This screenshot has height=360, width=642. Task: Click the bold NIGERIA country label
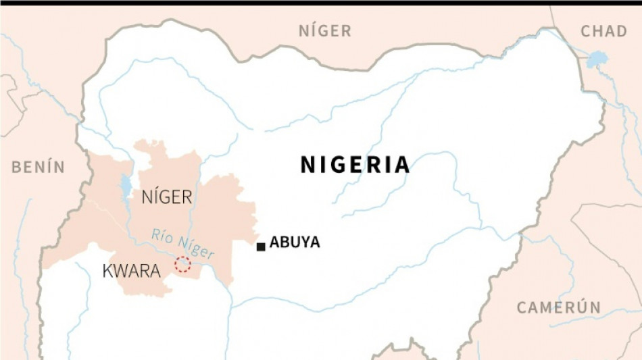[x=355, y=165]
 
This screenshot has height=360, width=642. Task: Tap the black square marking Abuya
[x=261, y=247]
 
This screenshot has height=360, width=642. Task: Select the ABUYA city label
[x=295, y=242]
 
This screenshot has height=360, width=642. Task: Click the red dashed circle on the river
[x=182, y=265]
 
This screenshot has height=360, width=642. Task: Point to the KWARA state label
[x=131, y=272]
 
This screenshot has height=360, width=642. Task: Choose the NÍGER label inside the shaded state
[x=167, y=197]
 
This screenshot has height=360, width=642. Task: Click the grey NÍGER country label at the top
[x=325, y=31]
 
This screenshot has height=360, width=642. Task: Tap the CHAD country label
[x=603, y=31]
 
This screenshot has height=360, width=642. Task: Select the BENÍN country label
[x=38, y=168]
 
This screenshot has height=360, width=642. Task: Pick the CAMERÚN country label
[x=558, y=307]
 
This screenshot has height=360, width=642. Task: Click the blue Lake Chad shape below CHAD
[x=597, y=59]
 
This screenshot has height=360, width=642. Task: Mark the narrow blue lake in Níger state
[x=126, y=187]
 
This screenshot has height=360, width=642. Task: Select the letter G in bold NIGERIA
[x=333, y=165]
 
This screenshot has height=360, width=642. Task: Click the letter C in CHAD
[x=585, y=31]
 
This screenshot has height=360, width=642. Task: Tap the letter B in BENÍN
[x=16, y=168]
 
